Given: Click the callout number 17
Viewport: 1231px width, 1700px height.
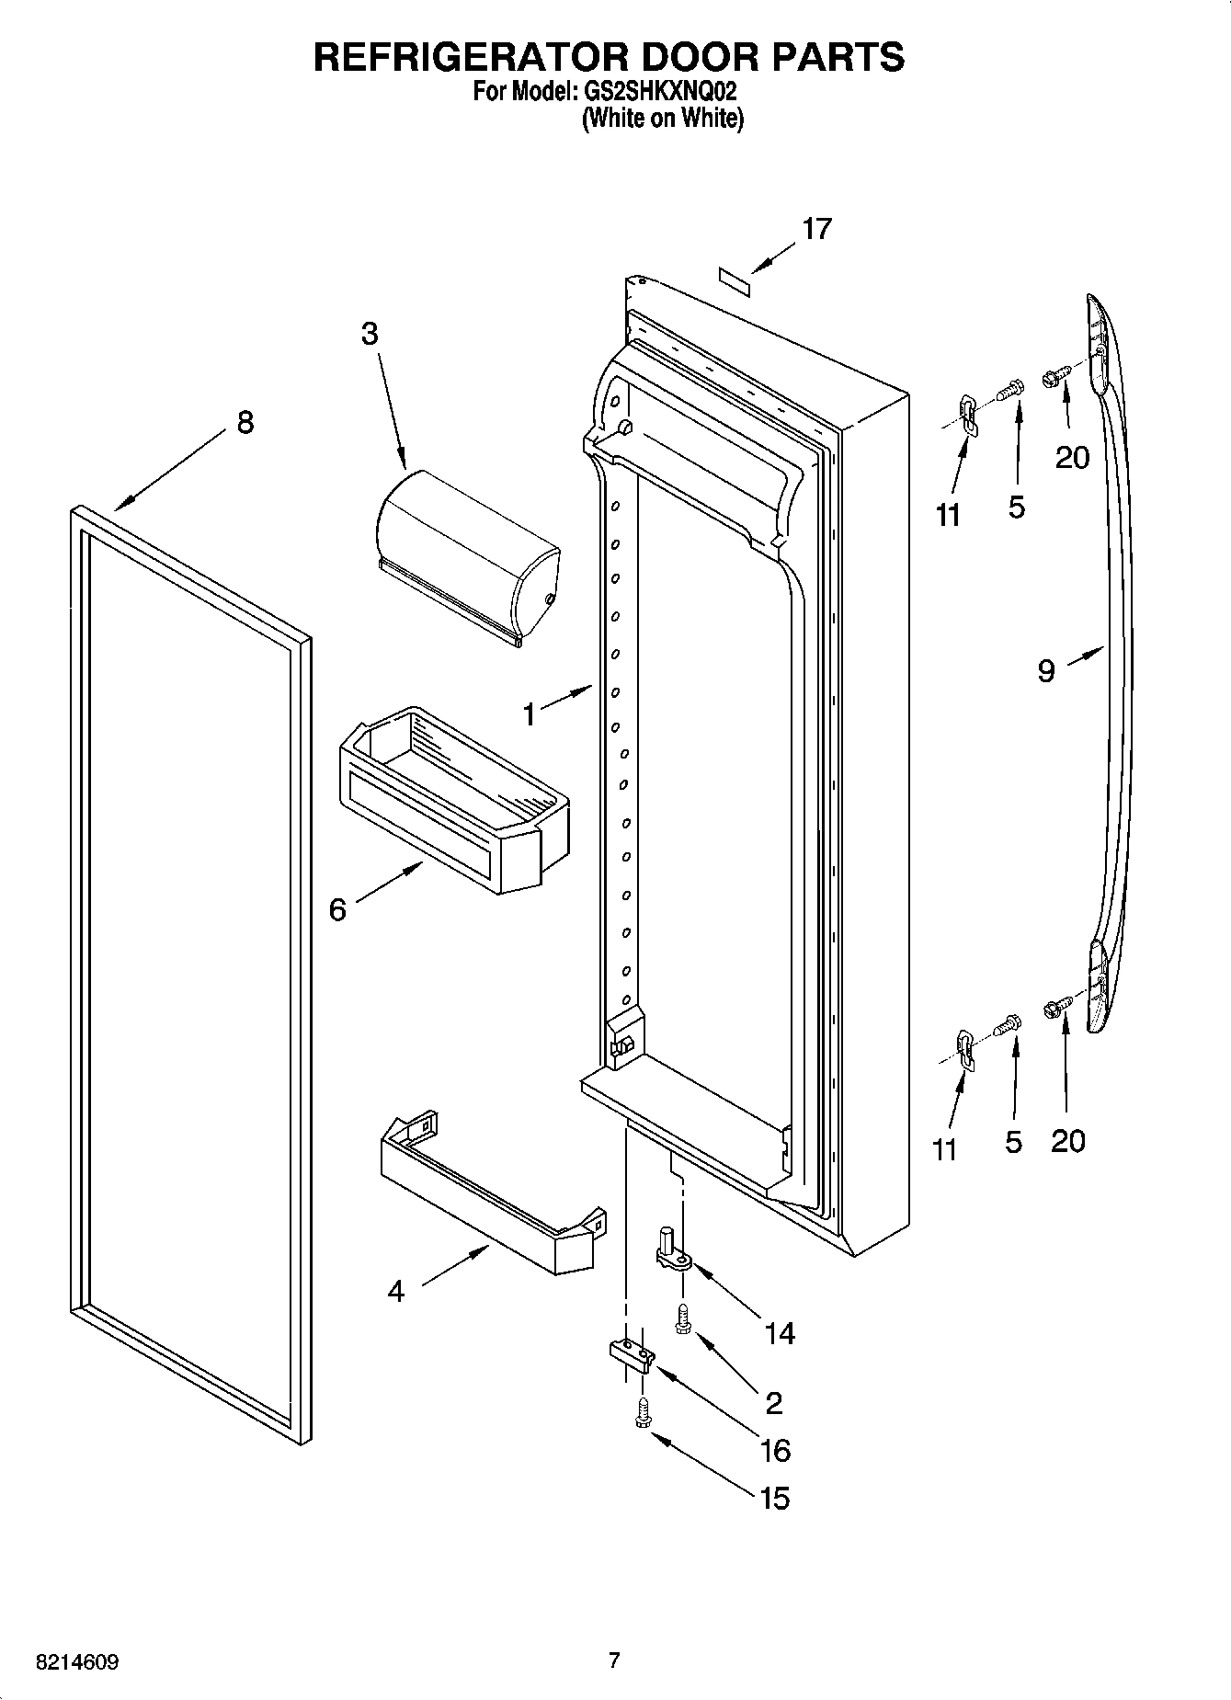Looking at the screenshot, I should pyautogui.click(x=816, y=229).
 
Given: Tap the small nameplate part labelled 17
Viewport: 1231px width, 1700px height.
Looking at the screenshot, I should pyautogui.click(x=735, y=280).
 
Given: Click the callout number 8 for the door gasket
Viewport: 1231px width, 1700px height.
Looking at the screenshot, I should pyautogui.click(x=245, y=423).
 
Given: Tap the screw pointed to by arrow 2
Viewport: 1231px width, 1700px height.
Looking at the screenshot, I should pyautogui.click(x=682, y=1319).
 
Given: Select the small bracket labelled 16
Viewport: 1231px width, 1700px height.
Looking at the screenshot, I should pyautogui.click(x=632, y=1355).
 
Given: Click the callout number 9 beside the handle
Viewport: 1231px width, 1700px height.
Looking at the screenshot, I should pyautogui.click(x=1046, y=671).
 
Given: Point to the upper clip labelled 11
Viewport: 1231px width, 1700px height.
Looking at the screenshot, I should pyautogui.click(x=966, y=413).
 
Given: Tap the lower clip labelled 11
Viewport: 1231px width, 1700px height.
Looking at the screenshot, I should pyautogui.click(x=964, y=1048).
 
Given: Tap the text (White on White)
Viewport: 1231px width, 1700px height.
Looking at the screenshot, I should pyautogui.click(x=662, y=119).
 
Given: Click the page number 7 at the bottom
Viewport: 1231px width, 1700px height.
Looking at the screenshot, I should pyautogui.click(x=614, y=1660).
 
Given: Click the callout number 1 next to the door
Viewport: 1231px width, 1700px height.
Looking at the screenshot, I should pyautogui.click(x=529, y=714).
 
